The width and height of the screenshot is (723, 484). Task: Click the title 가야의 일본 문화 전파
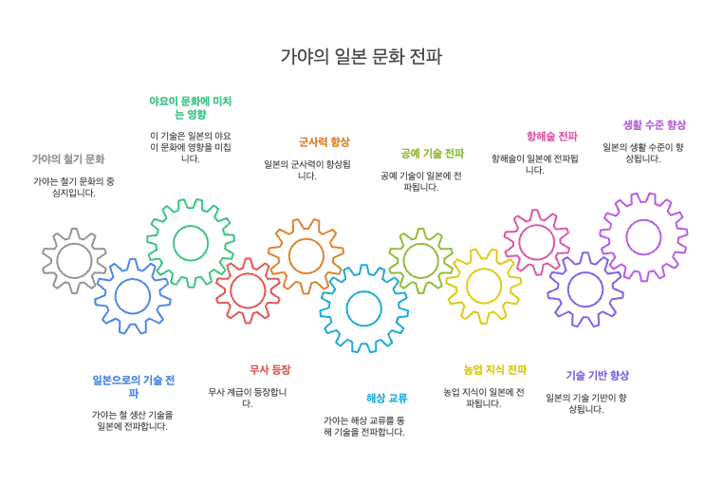[x=361, y=57]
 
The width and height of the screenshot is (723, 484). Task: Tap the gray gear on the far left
[x=74, y=260]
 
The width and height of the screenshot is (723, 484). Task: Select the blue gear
[x=132, y=296]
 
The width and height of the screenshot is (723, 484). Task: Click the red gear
[x=248, y=290]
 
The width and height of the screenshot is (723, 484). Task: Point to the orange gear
[x=306, y=255]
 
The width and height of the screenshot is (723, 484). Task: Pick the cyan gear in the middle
[x=363, y=308]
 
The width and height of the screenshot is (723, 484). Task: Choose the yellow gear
[x=484, y=286]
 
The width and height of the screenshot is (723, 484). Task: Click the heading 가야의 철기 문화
[x=68, y=158]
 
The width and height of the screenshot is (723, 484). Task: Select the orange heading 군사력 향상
[x=324, y=141]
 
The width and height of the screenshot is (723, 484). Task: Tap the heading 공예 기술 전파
[x=432, y=153]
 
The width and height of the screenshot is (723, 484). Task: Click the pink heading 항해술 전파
[x=551, y=136]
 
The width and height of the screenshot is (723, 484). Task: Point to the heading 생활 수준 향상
[x=655, y=124]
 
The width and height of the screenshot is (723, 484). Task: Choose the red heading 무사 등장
[x=269, y=369]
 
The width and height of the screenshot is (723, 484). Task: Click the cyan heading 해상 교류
[x=386, y=398]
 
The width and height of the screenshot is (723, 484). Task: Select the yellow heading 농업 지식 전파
[x=494, y=369]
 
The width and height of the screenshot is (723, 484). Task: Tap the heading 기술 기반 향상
[x=597, y=375]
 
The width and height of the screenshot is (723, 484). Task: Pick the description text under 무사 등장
[x=248, y=398]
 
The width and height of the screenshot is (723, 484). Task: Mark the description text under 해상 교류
[x=363, y=426]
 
